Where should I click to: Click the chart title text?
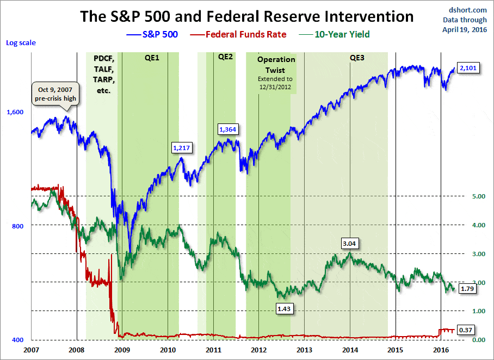click(x=247, y=16)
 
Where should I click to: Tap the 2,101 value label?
click(x=467, y=69)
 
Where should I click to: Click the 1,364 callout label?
click(x=228, y=129)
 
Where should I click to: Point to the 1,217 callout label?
click(x=182, y=147)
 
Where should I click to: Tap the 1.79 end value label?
click(x=468, y=288)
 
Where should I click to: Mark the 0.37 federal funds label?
click(x=465, y=330)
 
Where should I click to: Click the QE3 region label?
click(x=357, y=57)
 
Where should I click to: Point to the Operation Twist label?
click(x=276, y=65)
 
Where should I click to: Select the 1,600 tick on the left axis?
click(x=15, y=112)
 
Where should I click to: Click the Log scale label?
click(x=21, y=42)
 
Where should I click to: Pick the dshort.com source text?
click(x=465, y=10)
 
